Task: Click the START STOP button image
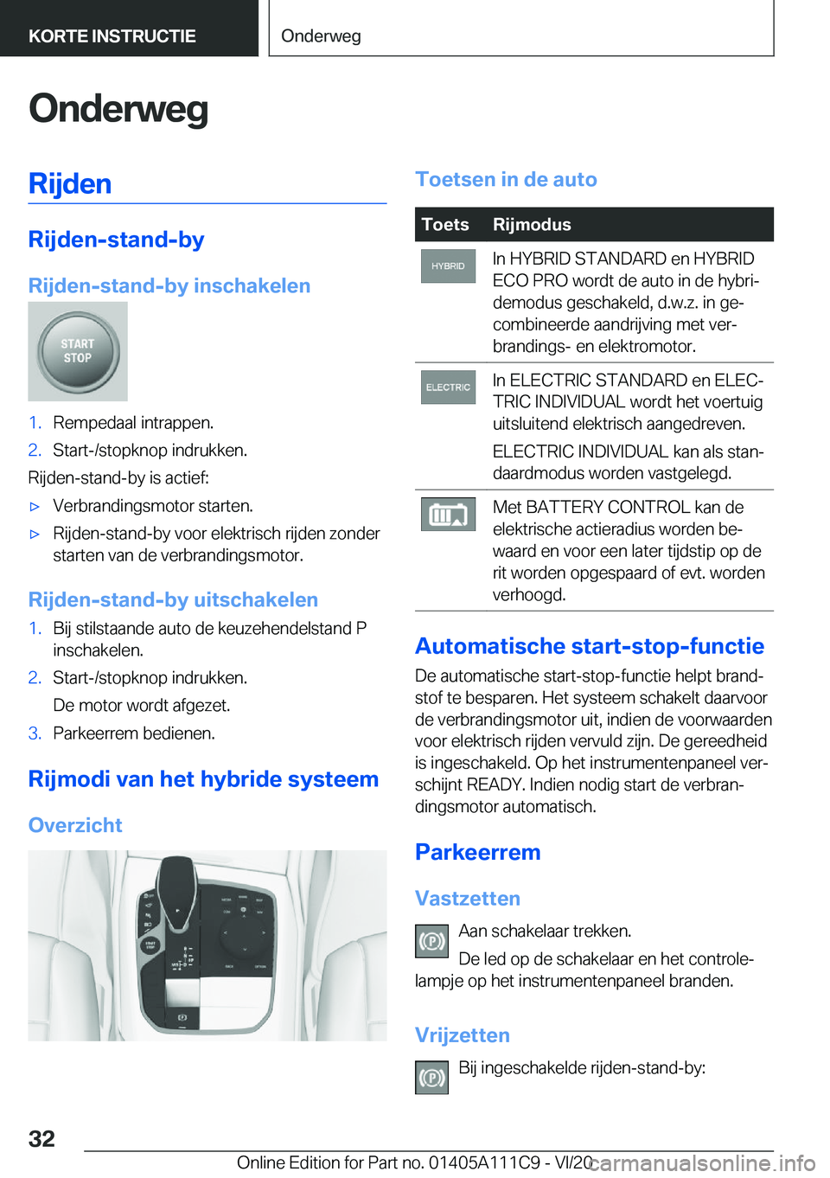[x=77, y=351]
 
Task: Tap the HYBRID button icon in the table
[x=448, y=266]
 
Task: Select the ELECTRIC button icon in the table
[x=448, y=387]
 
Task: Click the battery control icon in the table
[x=448, y=515]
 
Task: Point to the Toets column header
[x=445, y=225]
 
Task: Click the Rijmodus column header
[x=532, y=225]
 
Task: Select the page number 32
[x=41, y=1138]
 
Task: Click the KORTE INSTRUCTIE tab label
[x=112, y=36]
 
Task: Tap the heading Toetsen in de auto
[x=506, y=179]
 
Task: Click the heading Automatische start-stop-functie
[x=590, y=646]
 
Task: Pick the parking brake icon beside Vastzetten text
[x=431, y=941]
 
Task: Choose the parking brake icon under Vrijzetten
[x=431, y=1078]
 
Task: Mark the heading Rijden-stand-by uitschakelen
[x=173, y=599]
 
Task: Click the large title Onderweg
[x=118, y=109]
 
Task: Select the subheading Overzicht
[x=75, y=825]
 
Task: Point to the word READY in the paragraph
[x=495, y=784]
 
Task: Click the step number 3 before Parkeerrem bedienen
[x=35, y=733]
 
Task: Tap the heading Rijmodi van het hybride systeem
[x=203, y=779]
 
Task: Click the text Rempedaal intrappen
[x=133, y=423]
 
